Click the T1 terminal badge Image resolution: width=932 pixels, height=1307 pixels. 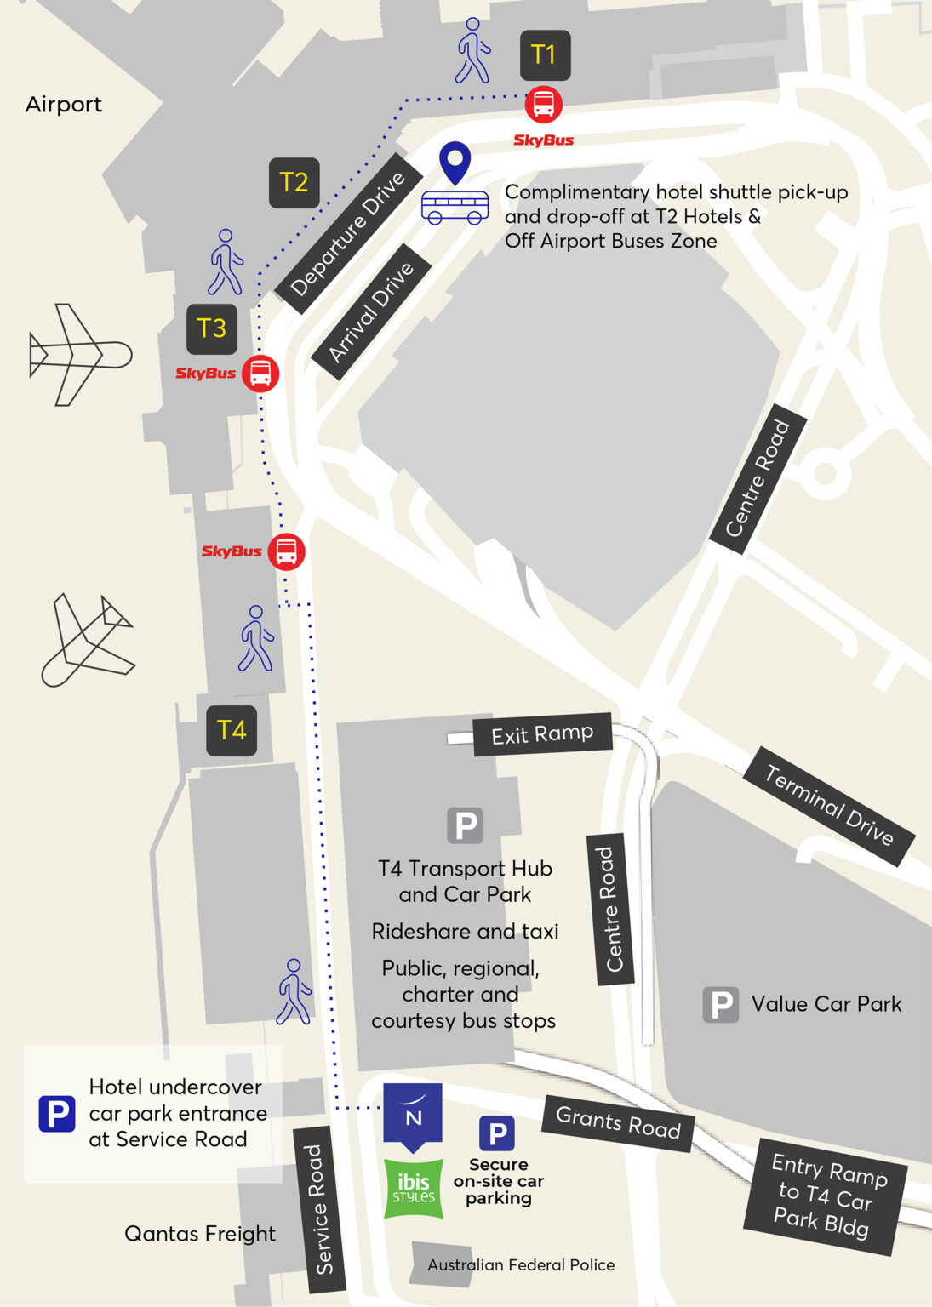click(x=545, y=55)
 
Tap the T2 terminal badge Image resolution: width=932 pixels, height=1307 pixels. click(x=294, y=182)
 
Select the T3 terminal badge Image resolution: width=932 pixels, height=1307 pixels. click(x=212, y=328)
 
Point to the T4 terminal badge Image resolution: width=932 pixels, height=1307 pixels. click(x=232, y=730)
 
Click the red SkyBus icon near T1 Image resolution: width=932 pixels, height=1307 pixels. click(x=543, y=106)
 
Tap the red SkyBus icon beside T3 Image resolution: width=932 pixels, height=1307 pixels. click(x=260, y=374)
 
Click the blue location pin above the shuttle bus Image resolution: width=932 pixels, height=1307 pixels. click(x=455, y=162)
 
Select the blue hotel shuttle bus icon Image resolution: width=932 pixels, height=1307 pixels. click(x=455, y=207)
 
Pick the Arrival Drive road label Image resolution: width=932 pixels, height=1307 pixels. click(x=371, y=311)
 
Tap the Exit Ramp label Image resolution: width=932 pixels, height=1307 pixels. click(x=542, y=733)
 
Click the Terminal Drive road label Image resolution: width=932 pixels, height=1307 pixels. click(x=829, y=806)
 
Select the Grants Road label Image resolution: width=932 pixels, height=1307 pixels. click(x=618, y=1123)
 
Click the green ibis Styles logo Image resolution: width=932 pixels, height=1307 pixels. click(x=414, y=1188)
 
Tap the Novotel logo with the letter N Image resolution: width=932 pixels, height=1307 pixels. click(x=413, y=1114)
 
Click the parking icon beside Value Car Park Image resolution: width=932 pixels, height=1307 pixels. click(x=720, y=1005)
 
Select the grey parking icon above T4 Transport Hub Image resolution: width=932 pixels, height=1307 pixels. click(x=466, y=825)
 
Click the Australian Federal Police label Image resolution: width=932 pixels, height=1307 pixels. click(x=521, y=1265)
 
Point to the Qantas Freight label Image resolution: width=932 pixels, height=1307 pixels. click(x=200, y=1234)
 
